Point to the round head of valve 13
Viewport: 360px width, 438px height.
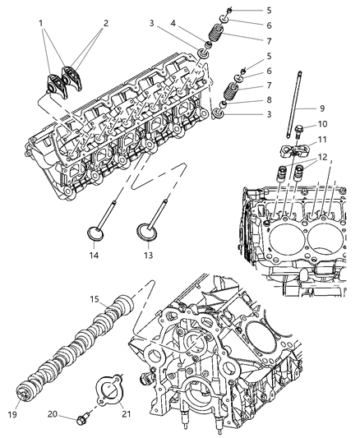(145, 238)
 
